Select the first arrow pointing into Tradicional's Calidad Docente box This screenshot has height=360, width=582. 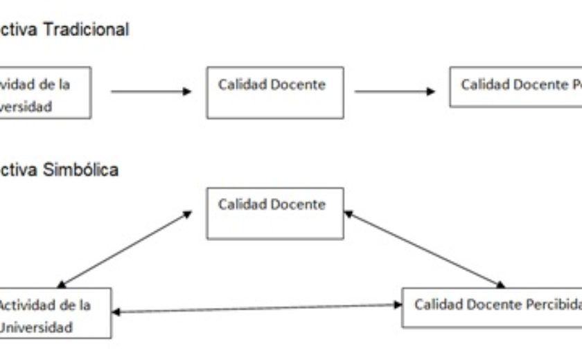[150, 91]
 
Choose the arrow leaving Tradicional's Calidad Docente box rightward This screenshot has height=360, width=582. [394, 91]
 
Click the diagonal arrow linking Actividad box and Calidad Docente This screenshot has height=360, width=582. [125, 249]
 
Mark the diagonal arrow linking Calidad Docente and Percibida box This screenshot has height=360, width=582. [424, 249]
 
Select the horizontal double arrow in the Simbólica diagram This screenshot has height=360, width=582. [256, 308]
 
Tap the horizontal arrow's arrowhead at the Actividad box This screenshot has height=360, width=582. [116, 312]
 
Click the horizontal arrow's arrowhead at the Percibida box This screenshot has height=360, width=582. [398, 305]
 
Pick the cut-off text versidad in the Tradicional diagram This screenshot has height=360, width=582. [26, 107]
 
